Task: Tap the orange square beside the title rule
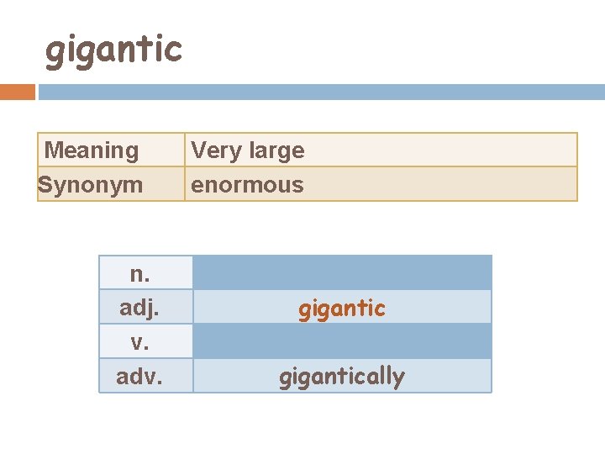[x=18, y=92]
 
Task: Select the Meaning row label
[x=92, y=150]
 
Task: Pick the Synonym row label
[x=91, y=184]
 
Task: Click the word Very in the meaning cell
[x=213, y=150]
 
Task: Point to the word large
[x=272, y=150]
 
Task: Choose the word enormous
[x=247, y=185]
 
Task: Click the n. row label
[x=140, y=273]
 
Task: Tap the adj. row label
[x=139, y=308]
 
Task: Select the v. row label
[x=140, y=342]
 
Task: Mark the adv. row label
[x=139, y=377]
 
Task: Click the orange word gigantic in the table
[x=342, y=309]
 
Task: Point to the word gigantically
[x=342, y=377]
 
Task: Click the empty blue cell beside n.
[x=342, y=272]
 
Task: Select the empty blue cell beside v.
[x=342, y=341]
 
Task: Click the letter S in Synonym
[x=46, y=184]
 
